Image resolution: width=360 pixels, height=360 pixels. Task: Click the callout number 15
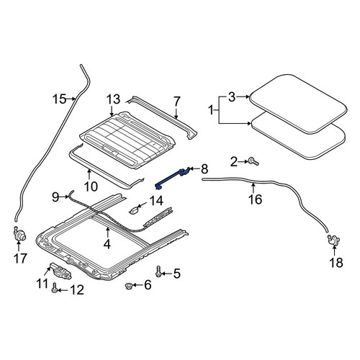60,99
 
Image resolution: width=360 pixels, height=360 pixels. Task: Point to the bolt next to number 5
158,271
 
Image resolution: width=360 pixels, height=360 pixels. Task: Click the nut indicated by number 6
129,286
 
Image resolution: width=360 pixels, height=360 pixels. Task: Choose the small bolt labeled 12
54,287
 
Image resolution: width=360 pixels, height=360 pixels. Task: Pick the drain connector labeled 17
19,234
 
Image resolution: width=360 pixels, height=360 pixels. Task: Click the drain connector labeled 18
334,240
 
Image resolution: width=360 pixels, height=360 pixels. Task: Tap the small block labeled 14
134,210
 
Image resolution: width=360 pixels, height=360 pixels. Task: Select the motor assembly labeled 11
60,271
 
